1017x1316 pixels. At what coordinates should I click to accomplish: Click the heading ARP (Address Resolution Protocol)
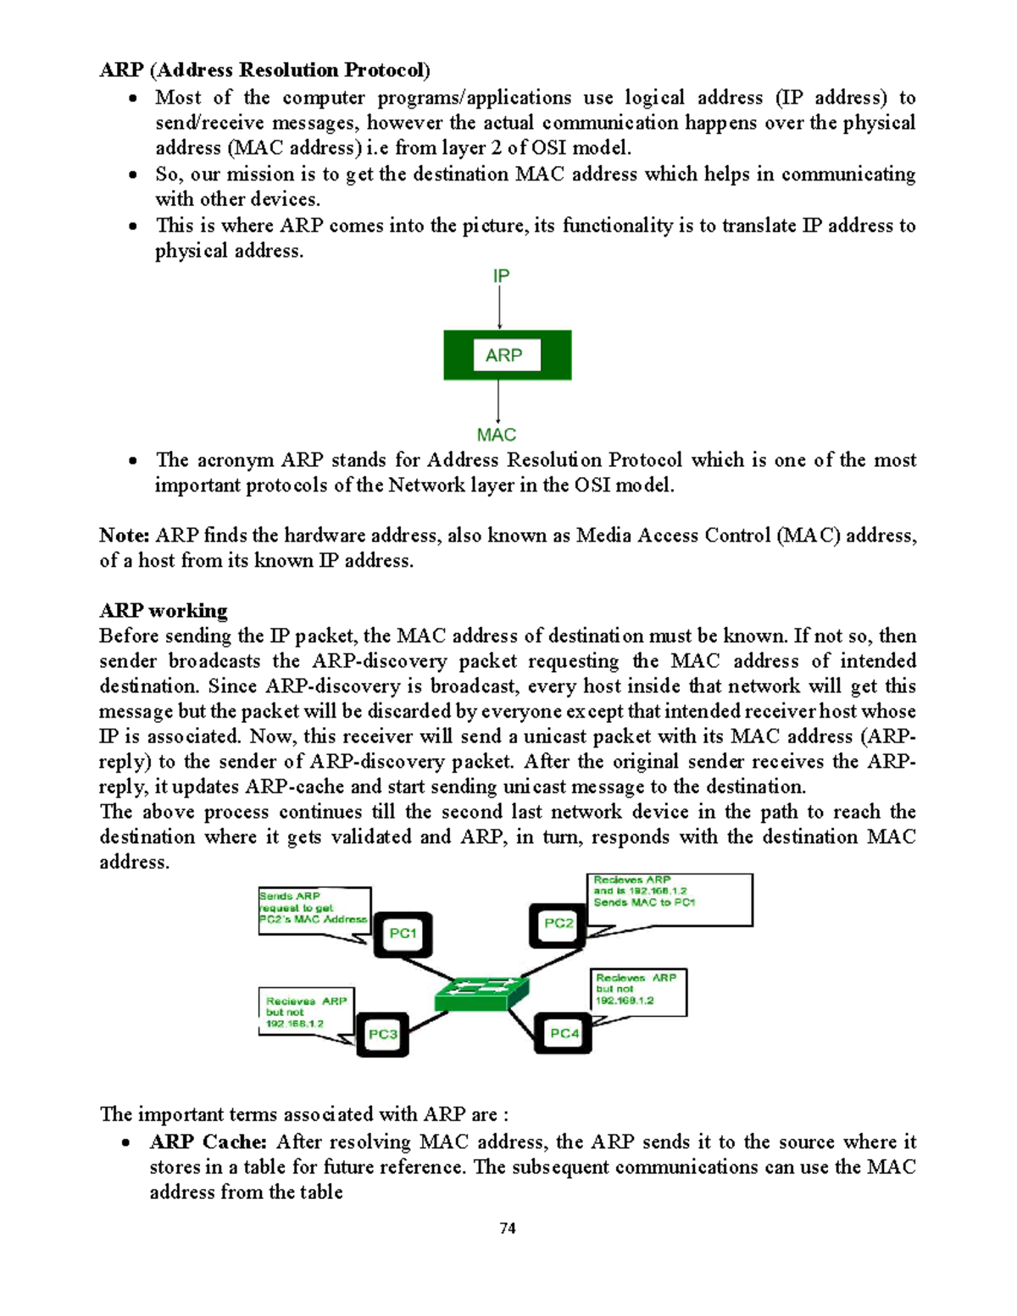(264, 69)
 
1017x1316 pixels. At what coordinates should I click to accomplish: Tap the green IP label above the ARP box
(501, 276)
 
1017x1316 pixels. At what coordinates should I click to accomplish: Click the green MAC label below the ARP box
(497, 435)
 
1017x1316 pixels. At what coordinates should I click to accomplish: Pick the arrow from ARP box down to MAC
(498, 402)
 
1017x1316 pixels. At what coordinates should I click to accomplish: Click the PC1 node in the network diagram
(403, 934)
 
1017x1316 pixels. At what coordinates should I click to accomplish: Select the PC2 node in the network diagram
(559, 925)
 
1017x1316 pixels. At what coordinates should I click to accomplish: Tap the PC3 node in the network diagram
(382, 1034)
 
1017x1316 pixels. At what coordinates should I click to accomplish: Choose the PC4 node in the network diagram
(564, 1033)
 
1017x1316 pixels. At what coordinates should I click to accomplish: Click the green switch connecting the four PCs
(481, 992)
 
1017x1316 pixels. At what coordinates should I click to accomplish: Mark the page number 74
(508, 1228)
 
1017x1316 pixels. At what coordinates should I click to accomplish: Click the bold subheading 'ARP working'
(164, 611)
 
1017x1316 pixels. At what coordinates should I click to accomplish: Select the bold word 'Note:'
(125, 536)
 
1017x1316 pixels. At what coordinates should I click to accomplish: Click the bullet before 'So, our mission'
(133, 175)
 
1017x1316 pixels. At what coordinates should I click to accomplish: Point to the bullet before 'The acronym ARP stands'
(133, 461)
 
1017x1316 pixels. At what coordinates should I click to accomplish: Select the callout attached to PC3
(305, 1011)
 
